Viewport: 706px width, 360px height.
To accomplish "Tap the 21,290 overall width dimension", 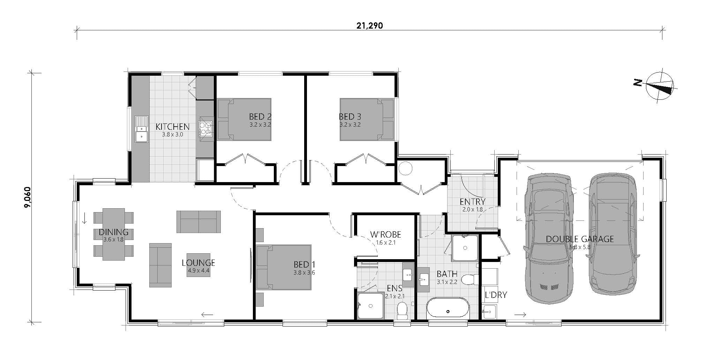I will (x=369, y=26).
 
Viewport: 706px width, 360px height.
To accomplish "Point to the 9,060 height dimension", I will (x=28, y=197).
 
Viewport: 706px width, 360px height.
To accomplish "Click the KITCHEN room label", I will (x=172, y=127).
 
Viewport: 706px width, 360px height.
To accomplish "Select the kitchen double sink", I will (x=142, y=129).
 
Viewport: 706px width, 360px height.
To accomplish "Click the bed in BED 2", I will (x=244, y=119).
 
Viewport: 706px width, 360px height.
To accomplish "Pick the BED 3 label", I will (x=350, y=117).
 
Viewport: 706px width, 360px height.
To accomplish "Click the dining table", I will (x=113, y=234).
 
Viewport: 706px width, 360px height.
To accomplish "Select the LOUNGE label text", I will (x=198, y=263).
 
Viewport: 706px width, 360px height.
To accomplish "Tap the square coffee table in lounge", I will (x=198, y=265).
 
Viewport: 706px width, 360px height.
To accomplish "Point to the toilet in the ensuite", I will (x=402, y=310).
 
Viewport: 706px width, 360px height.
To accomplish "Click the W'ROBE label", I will (x=385, y=235).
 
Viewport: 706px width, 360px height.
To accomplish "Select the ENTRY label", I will (x=472, y=202).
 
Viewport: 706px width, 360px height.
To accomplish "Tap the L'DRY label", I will (x=496, y=295).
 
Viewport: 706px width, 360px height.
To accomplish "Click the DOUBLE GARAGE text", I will (x=579, y=239).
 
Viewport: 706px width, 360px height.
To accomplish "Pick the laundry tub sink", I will (x=489, y=311).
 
